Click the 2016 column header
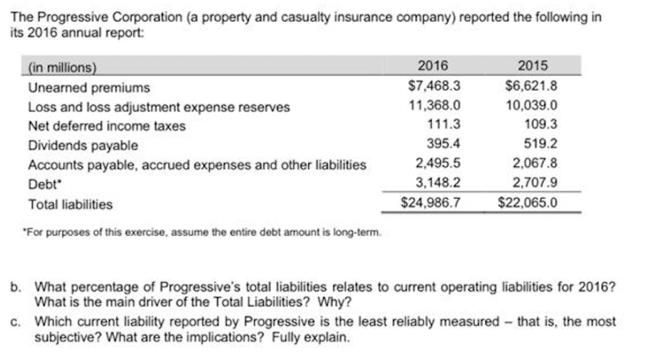[433, 66]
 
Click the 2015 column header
[533, 66]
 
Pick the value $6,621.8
[531, 86]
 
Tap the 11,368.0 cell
[435, 105]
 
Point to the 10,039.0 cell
[531, 105]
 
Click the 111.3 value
[445, 124]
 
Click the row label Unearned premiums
[89, 87]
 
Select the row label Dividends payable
[83, 146]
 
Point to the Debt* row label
[44, 184]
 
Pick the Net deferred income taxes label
[107, 126]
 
